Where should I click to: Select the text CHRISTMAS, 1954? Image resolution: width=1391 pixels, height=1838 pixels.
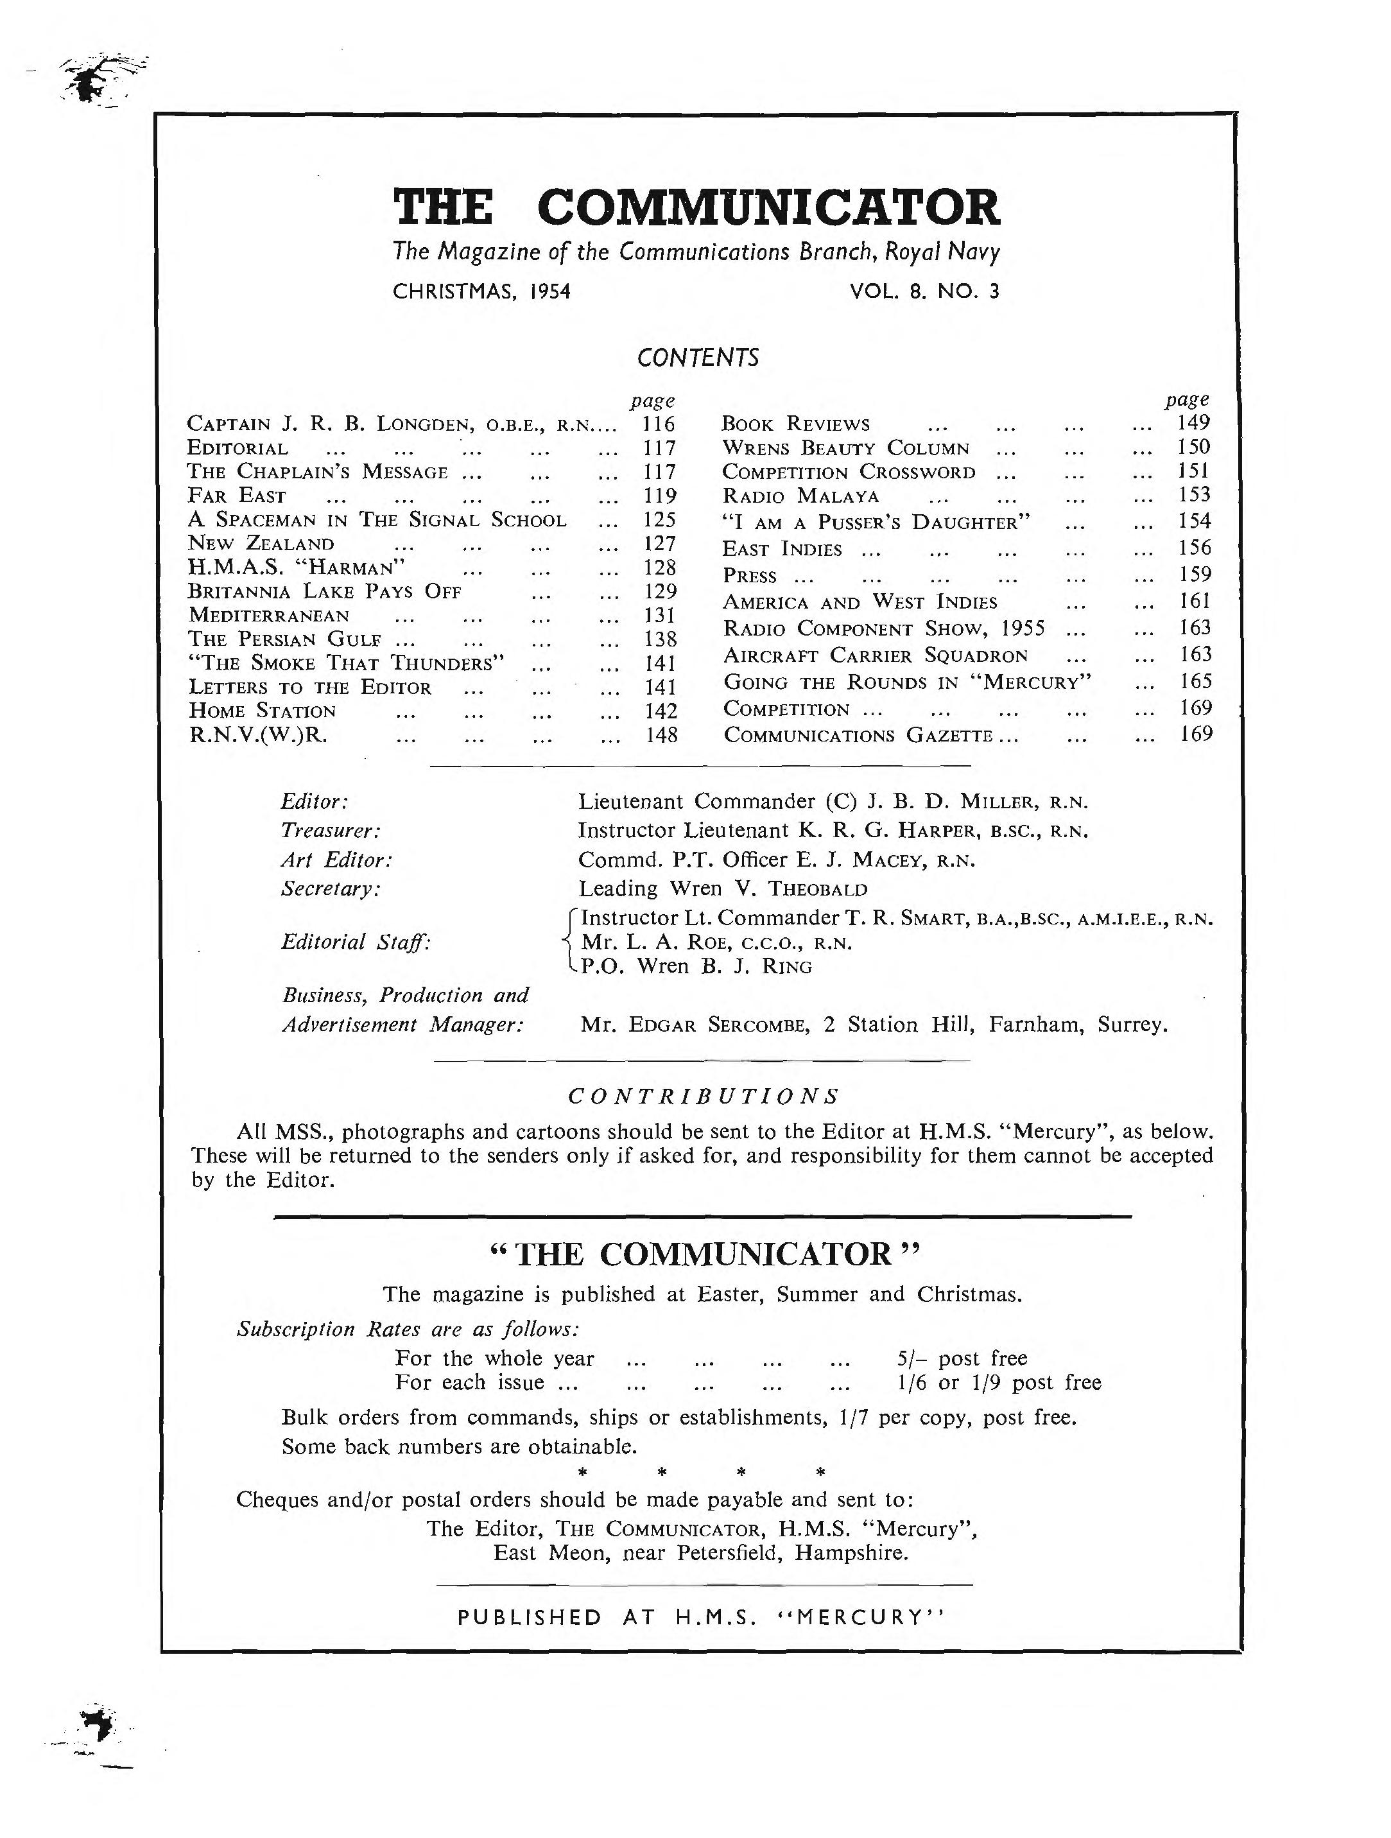[481, 291]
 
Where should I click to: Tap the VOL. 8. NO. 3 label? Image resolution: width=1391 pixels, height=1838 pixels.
[924, 291]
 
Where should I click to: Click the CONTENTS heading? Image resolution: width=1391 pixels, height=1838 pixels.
[697, 358]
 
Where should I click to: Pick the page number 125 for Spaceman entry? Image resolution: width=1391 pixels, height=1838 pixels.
[661, 520]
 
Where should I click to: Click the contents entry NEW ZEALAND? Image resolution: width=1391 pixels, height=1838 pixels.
[262, 544]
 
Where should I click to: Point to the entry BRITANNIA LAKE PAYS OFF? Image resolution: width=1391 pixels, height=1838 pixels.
[325, 592]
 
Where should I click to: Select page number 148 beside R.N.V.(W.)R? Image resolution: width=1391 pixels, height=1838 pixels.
[661, 735]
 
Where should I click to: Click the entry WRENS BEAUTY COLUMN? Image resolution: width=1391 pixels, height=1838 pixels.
[845, 449]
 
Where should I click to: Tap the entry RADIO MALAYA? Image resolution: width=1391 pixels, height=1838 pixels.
[800, 497]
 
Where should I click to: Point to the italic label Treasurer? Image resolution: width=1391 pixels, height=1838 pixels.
[331, 830]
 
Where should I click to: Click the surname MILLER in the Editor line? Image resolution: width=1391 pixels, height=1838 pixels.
[996, 802]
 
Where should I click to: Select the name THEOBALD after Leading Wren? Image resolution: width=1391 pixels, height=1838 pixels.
[818, 889]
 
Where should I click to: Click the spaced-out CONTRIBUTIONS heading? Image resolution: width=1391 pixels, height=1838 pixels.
[703, 1096]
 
